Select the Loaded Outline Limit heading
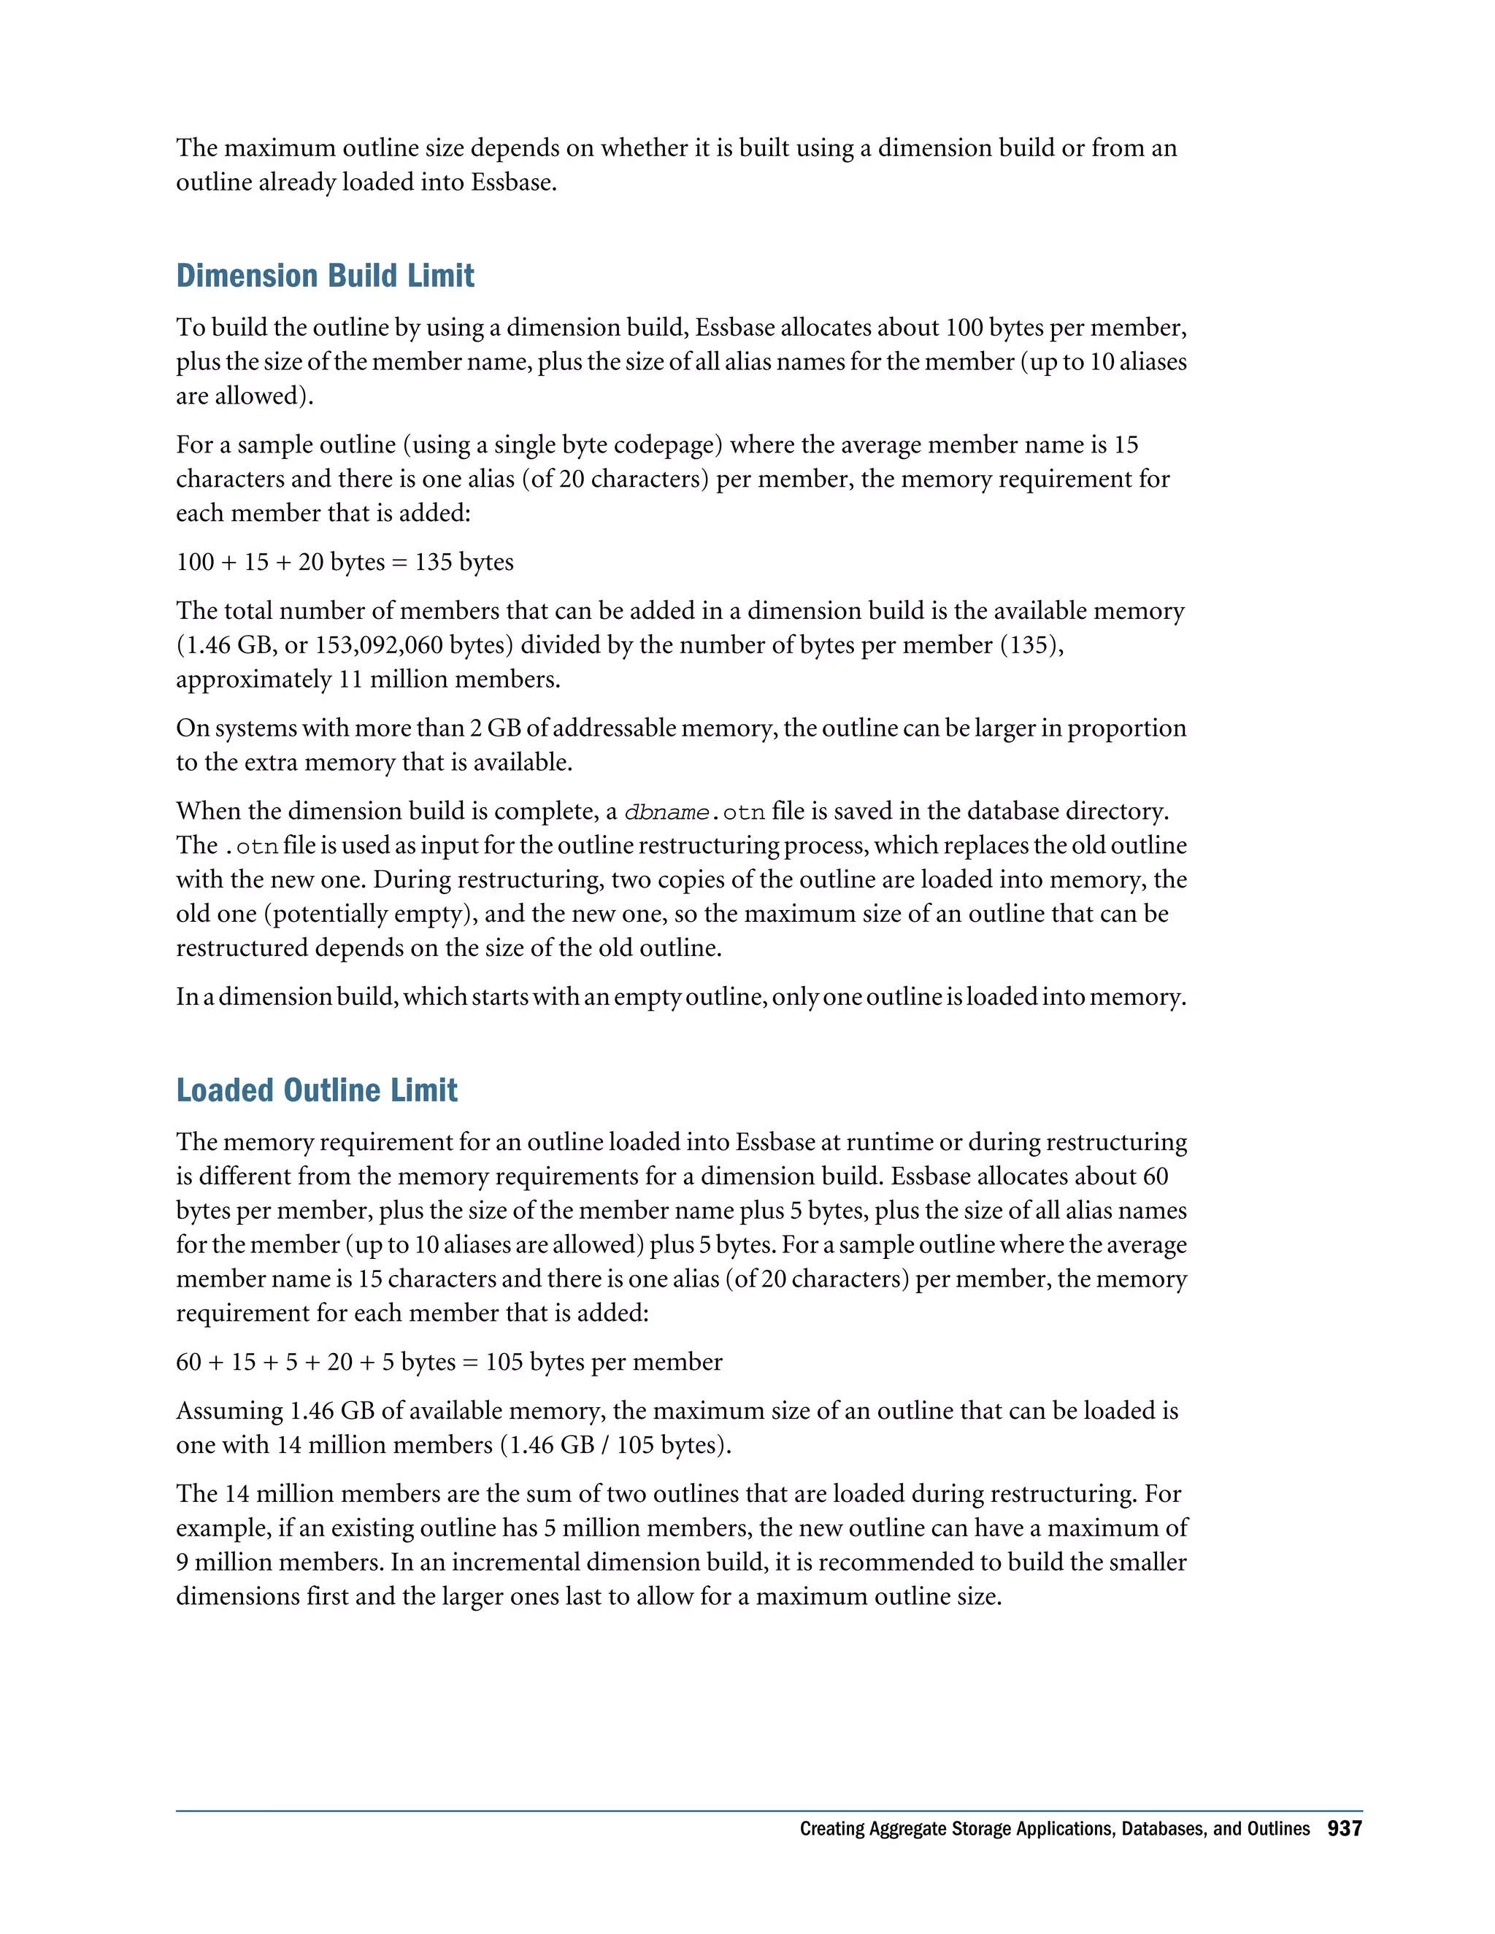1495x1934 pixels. (316, 1090)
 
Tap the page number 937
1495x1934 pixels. (1345, 1829)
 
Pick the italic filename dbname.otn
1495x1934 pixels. (694, 812)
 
